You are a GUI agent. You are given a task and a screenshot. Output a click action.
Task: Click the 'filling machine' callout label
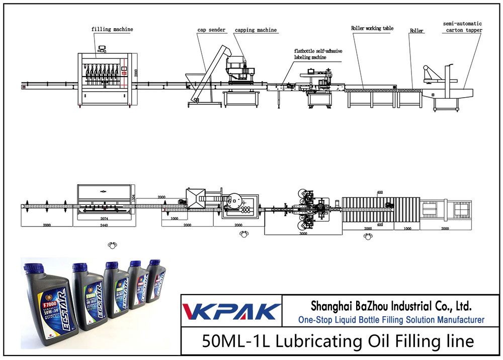coord(112,29)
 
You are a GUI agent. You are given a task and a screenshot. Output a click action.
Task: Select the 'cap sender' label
coord(211,30)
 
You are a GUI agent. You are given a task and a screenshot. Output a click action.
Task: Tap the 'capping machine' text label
coord(256,30)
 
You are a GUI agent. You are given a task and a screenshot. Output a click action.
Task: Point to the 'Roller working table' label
coord(372,29)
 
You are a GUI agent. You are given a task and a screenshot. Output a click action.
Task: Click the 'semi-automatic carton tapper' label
coord(463,27)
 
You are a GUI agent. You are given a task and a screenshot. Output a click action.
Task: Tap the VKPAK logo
coord(231,311)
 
